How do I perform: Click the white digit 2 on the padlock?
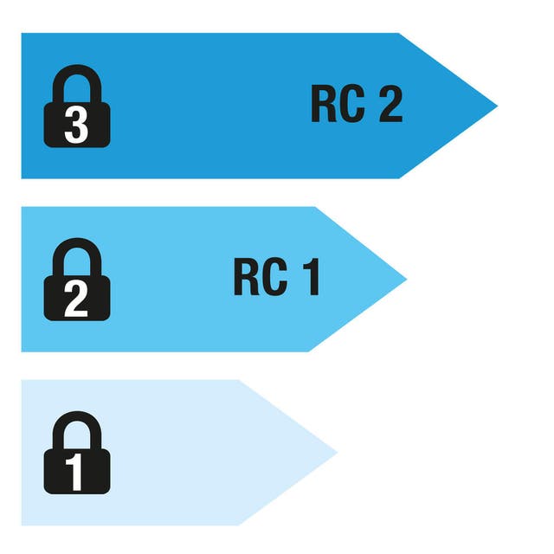[77, 300]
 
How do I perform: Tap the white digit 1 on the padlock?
[77, 473]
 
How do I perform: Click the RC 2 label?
[357, 105]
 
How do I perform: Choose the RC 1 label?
[276, 278]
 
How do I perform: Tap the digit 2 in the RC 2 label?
[390, 105]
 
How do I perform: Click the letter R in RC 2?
[323, 105]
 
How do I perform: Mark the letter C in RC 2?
[351, 105]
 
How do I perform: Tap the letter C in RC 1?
[273, 278]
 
